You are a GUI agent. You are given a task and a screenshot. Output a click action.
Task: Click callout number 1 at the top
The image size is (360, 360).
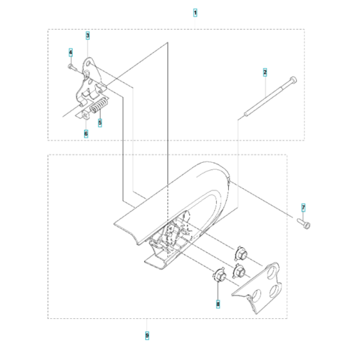click(195, 13)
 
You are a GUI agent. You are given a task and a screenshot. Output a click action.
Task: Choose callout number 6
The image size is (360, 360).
click(85, 134)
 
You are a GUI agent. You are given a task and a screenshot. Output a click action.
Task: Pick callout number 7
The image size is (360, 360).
click(303, 207)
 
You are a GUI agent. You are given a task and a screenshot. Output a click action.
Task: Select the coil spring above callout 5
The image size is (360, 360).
click(99, 105)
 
